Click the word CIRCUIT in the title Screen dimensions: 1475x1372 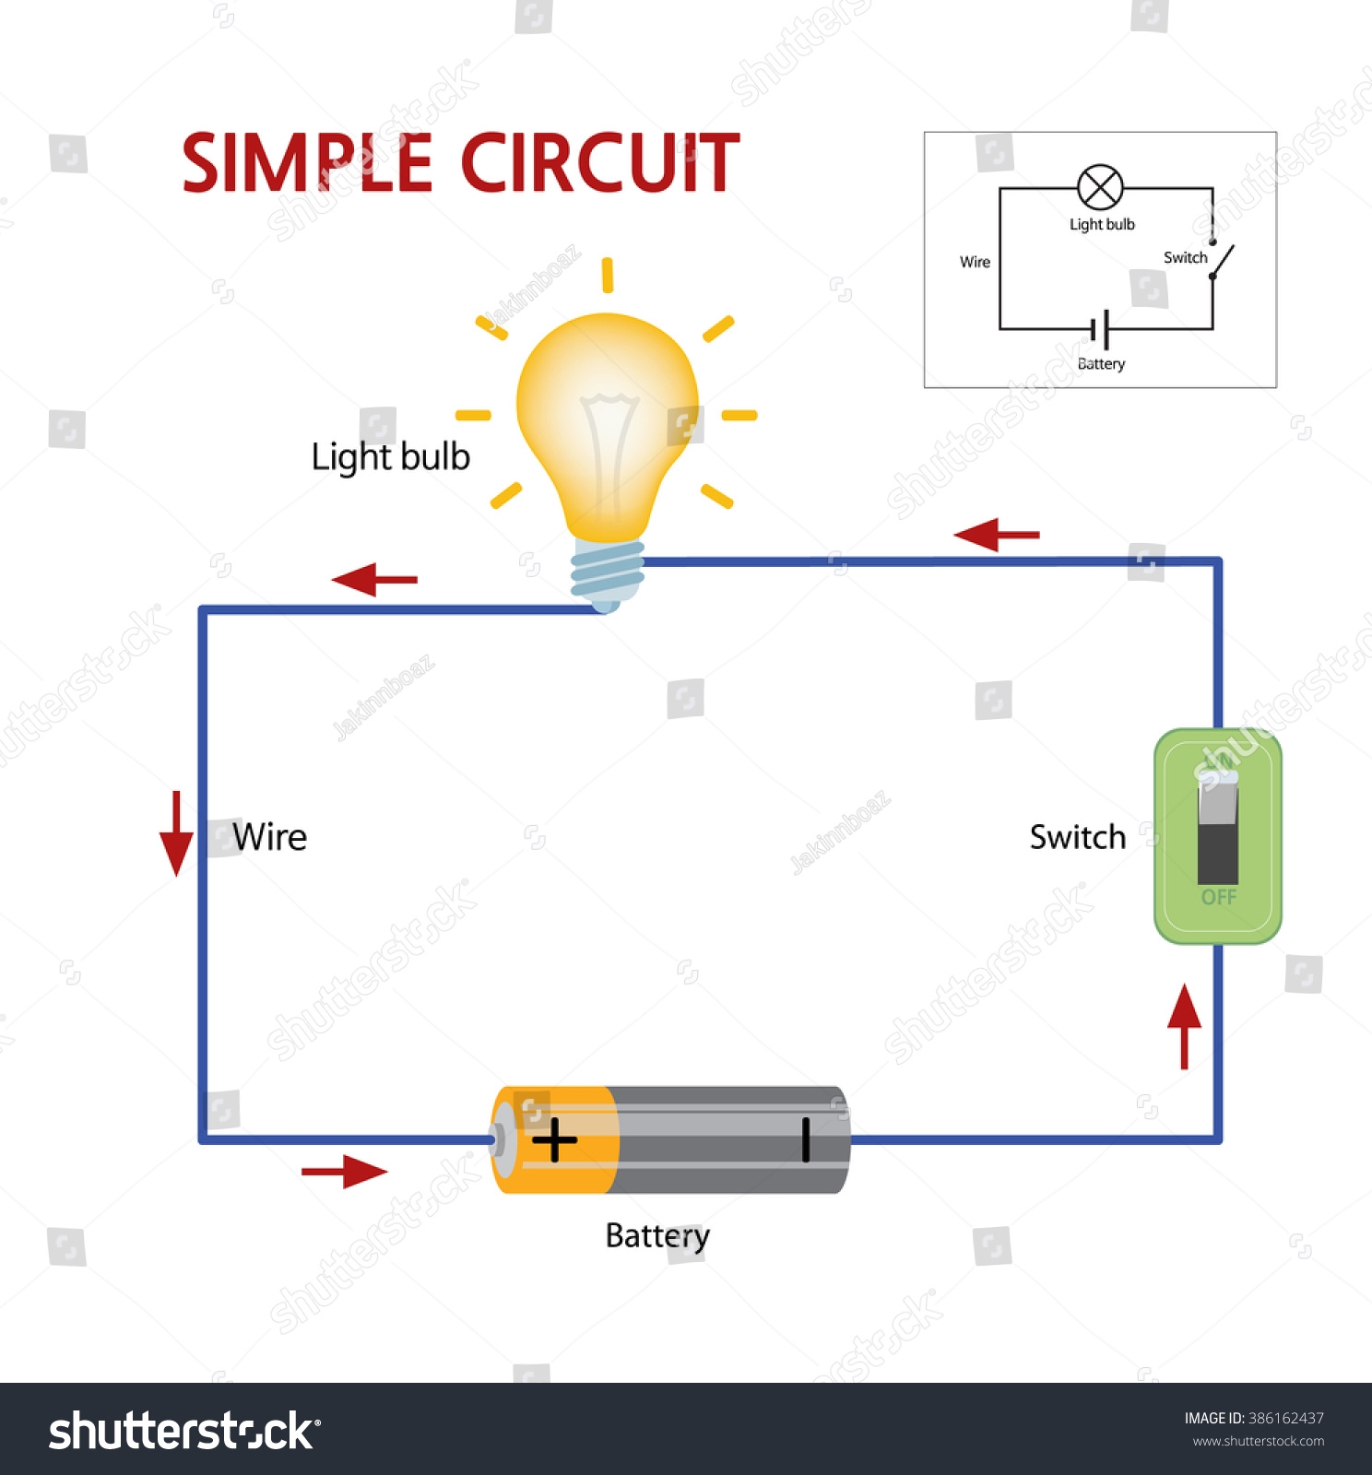tap(599, 163)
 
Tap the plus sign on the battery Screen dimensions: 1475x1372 tap(554, 1140)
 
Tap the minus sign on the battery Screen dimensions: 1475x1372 tap(806, 1139)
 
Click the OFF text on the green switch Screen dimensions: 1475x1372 tap(1218, 897)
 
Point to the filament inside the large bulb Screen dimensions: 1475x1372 tap(608, 442)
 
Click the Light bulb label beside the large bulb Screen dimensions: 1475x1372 tap(390, 457)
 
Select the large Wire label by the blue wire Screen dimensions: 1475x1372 tap(269, 837)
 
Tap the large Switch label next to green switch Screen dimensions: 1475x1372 tap(1078, 837)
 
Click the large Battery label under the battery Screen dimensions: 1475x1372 tap(657, 1236)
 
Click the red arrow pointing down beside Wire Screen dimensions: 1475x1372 tap(176, 833)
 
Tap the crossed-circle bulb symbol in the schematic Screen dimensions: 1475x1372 tap(1100, 188)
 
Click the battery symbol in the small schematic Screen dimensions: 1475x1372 tap(1100, 329)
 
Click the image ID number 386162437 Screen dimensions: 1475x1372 tap(1285, 1418)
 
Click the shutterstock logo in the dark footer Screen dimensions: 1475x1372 tap(184, 1432)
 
